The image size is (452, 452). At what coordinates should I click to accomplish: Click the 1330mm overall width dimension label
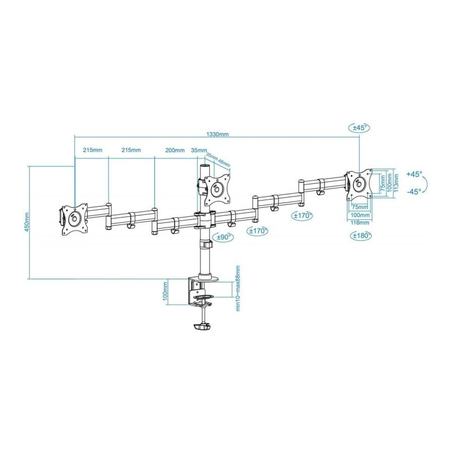(x=217, y=134)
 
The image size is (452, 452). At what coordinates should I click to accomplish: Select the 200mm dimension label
(x=175, y=150)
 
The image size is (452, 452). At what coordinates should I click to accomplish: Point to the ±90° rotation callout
(x=223, y=237)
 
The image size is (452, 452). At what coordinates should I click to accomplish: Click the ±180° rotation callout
(x=361, y=236)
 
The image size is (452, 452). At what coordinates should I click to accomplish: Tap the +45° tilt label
(x=414, y=174)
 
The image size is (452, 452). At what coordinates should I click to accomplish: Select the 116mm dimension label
(x=361, y=223)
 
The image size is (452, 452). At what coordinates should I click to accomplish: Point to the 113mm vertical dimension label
(x=396, y=182)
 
